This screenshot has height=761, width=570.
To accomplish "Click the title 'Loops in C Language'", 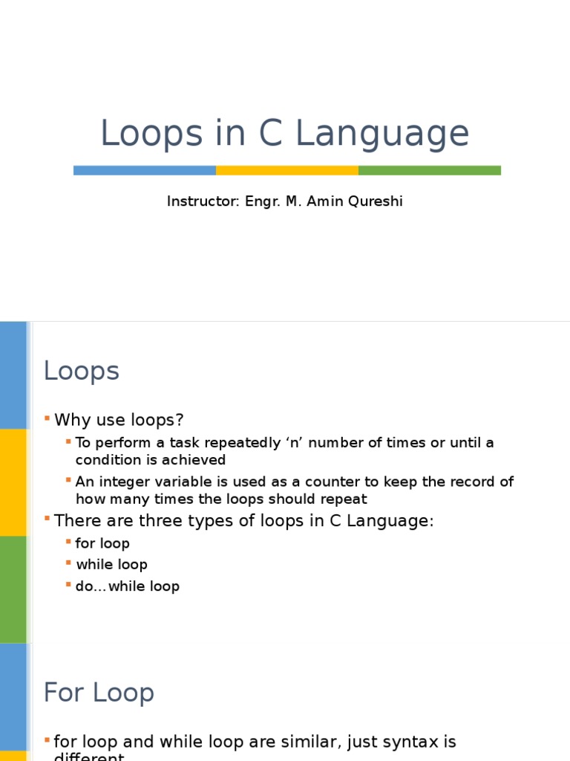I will [284, 134].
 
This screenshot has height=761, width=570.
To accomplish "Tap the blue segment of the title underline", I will [145, 170].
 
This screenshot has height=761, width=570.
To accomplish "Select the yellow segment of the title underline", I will [286, 170].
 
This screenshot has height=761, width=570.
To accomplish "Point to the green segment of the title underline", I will [429, 170].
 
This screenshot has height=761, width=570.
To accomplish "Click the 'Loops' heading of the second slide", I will [82, 371].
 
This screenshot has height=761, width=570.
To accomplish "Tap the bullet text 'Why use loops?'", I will [119, 420].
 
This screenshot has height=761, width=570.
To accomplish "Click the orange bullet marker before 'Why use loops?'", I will [47, 419].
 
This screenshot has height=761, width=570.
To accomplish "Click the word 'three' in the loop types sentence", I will [151, 521].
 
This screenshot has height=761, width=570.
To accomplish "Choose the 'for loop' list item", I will [102, 543].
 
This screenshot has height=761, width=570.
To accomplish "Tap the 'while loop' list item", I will [111, 565].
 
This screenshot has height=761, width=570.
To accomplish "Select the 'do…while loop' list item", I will [128, 586].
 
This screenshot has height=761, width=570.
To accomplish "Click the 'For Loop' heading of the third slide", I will [99, 693].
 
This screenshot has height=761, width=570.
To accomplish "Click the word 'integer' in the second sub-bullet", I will [119, 482].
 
